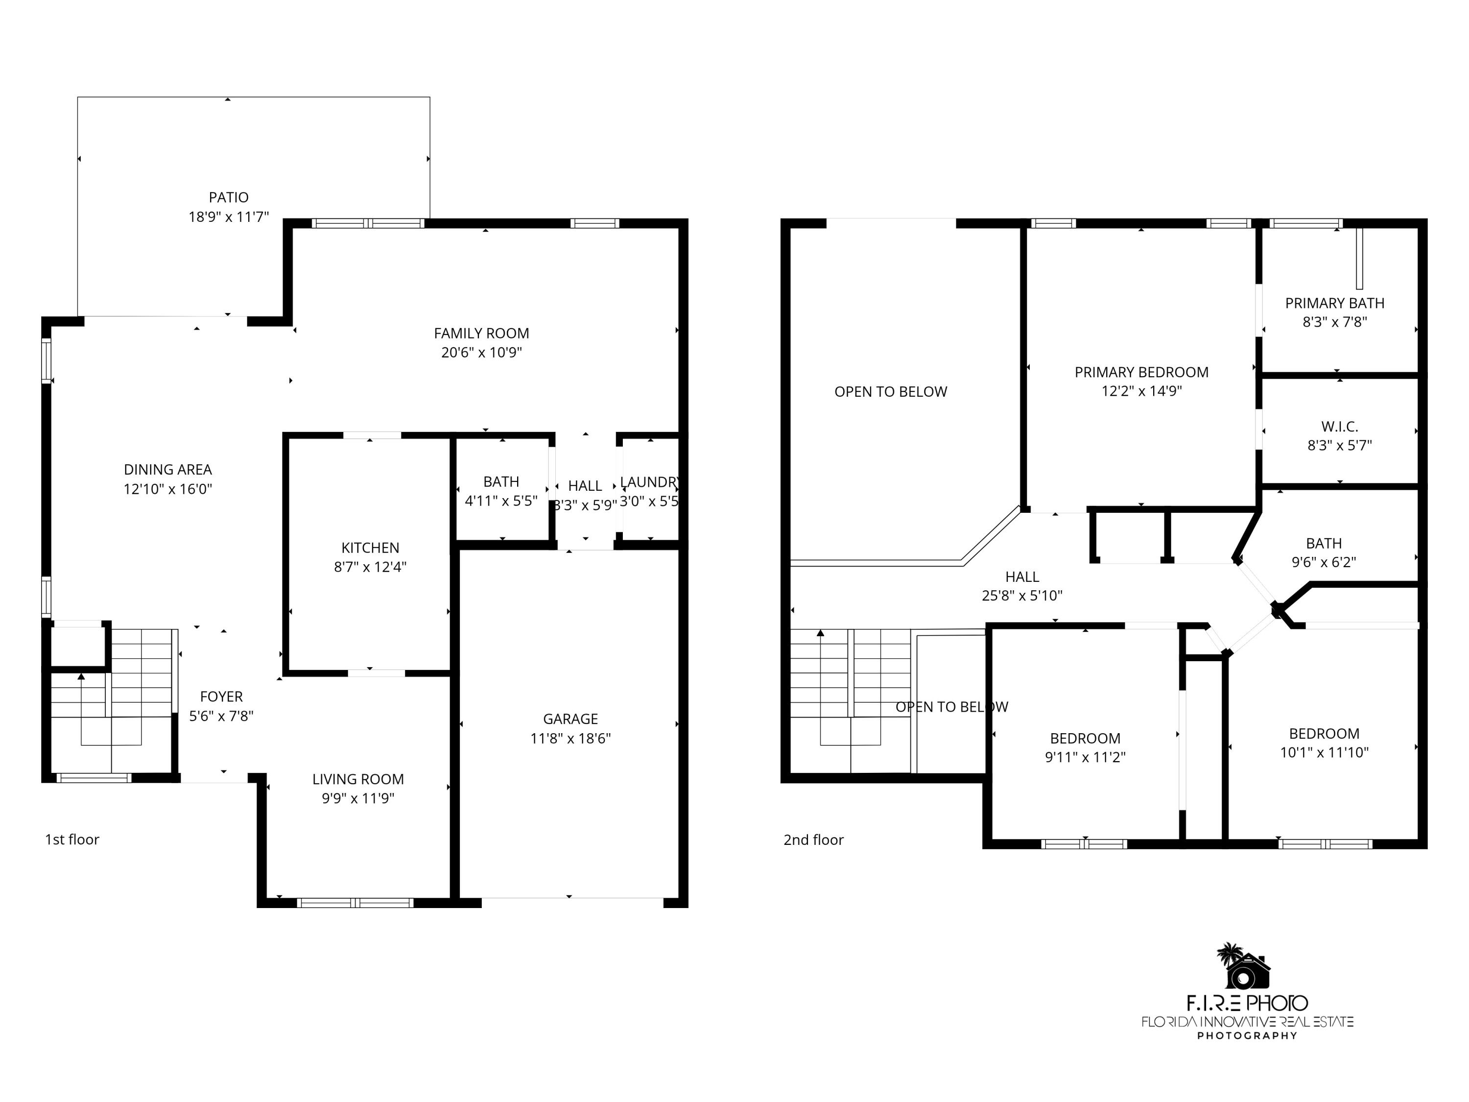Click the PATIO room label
pyautogui.click(x=229, y=197)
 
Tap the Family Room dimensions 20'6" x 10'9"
pyautogui.click(x=481, y=353)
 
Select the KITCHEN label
pyautogui.click(x=370, y=548)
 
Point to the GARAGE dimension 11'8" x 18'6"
pyautogui.click(x=570, y=738)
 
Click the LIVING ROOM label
pyautogui.click(x=358, y=779)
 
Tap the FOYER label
pyautogui.click(x=221, y=697)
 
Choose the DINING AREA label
pyautogui.click(x=167, y=470)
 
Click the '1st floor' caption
pyautogui.click(x=71, y=839)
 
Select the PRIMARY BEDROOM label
pyautogui.click(x=1141, y=372)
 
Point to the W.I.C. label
pyautogui.click(x=1340, y=427)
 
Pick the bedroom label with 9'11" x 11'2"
pyautogui.click(x=1085, y=738)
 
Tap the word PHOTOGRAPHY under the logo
pyautogui.click(x=1247, y=1035)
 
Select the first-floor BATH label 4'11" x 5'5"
pyautogui.click(x=501, y=481)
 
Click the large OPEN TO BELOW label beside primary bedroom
pyautogui.click(x=891, y=392)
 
